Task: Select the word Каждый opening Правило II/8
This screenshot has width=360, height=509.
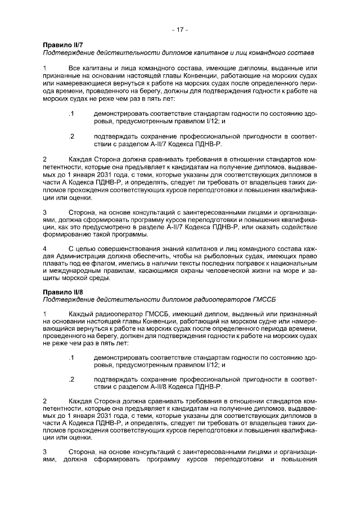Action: tap(81, 312)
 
